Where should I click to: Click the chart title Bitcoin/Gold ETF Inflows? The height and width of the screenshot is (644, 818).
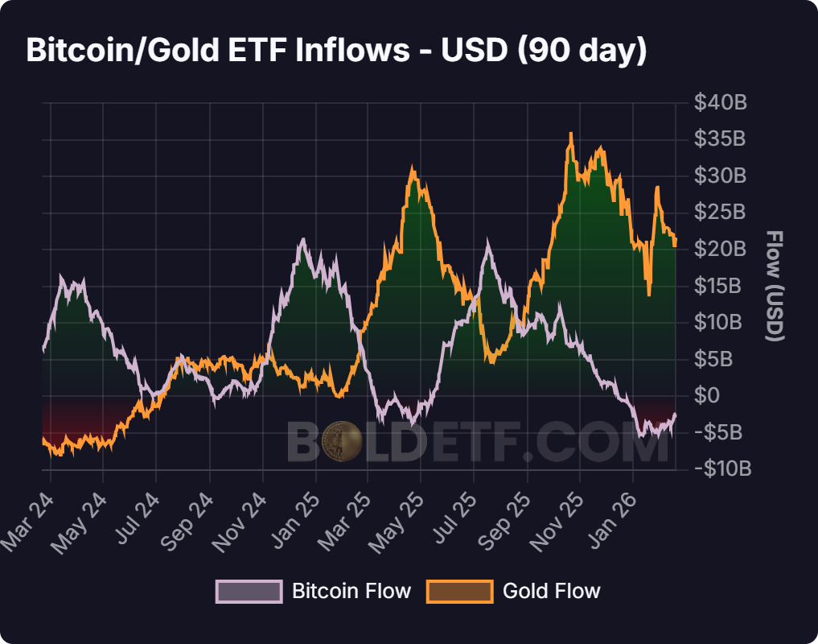point(217,50)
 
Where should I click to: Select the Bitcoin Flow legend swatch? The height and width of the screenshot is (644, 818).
point(249,592)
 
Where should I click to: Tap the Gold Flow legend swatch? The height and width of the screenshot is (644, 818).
point(460,592)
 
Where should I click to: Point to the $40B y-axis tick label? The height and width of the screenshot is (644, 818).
point(720,103)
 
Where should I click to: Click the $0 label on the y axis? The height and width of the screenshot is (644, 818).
point(709,395)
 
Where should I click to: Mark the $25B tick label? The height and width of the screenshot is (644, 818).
point(720,213)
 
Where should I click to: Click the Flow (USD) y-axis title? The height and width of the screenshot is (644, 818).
point(775,286)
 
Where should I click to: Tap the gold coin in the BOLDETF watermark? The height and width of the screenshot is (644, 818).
point(343,441)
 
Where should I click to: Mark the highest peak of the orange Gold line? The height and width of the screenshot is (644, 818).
point(571,134)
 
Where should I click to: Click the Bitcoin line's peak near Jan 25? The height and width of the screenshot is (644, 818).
point(302,239)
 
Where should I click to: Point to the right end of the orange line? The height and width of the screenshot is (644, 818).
point(676,242)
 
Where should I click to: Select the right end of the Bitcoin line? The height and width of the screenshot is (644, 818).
point(675,414)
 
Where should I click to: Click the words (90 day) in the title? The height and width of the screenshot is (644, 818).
point(582,50)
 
